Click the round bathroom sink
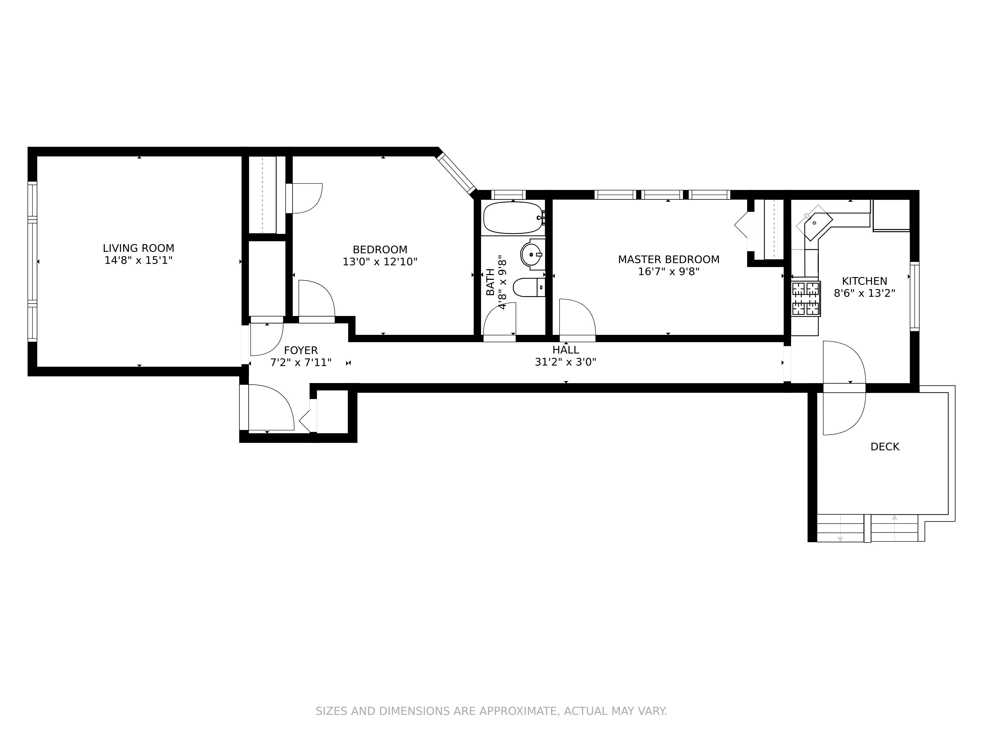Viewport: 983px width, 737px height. coord(532,255)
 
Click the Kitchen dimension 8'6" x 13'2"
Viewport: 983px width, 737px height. coord(864,293)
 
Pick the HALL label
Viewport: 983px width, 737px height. coord(566,350)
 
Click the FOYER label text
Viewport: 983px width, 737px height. coord(301,351)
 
